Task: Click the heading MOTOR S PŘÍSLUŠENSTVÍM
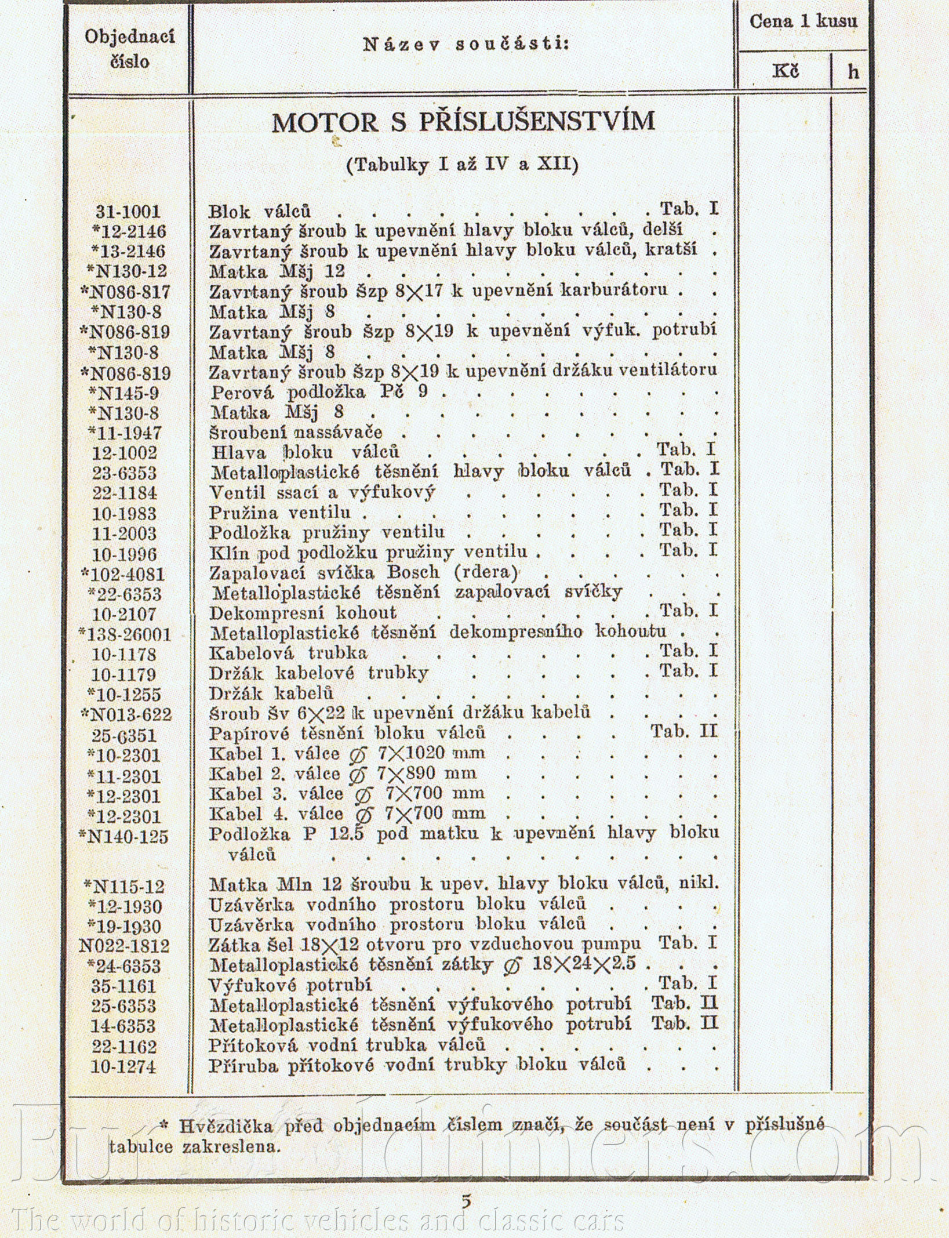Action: pos(463,122)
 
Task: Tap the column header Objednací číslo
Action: pos(130,49)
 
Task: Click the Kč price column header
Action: pos(786,71)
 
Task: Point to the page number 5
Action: pos(466,1200)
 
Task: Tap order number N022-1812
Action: pos(125,946)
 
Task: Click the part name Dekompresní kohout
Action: pos(303,612)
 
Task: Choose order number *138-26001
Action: pos(125,634)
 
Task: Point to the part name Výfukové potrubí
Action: pos(290,985)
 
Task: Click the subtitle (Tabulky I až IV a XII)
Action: pos(462,166)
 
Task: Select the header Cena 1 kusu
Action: pos(803,22)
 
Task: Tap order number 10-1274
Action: pos(123,1066)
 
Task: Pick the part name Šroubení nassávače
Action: pos(296,432)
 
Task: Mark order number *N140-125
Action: pos(125,836)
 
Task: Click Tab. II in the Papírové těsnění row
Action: pos(684,732)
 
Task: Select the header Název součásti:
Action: pos(466,45)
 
